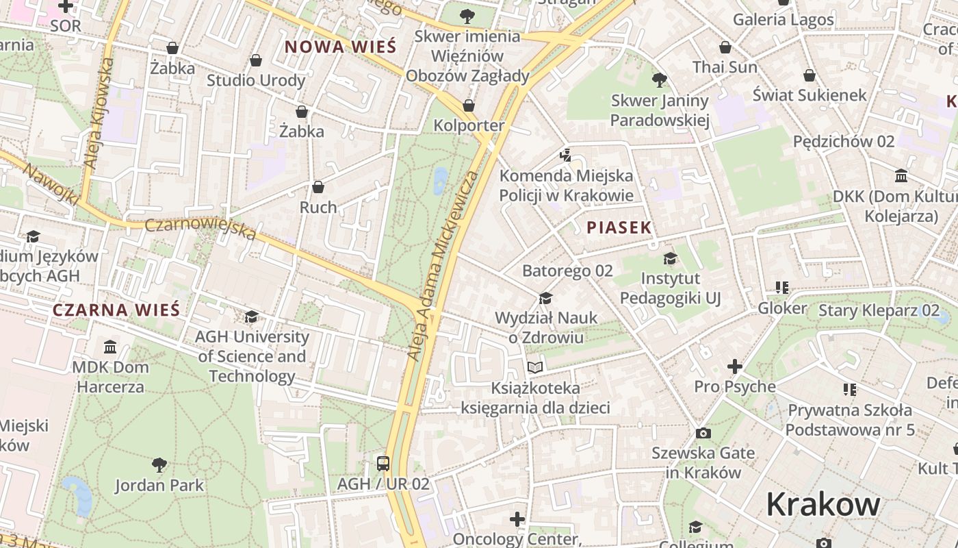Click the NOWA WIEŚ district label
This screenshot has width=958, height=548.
tap(340, 47)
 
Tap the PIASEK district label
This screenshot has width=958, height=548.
tap(619, 228)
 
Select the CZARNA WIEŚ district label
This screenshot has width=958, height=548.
tap(116, 310)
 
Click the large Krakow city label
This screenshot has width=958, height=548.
tap(823, 505)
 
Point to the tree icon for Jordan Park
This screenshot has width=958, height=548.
tap(159, 465)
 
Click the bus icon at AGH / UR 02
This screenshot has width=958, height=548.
tap(383, 464)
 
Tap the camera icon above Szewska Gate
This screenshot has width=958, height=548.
tap(703, 433)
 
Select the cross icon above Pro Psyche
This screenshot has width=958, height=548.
tap(735, 366)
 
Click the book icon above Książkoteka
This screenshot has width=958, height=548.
tap(535, 368)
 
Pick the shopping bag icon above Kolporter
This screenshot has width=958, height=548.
tap(469, 105)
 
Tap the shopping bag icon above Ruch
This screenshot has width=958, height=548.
tap(318, 187)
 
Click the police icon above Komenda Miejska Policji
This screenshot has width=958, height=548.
tap(566, 155)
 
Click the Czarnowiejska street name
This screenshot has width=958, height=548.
tap(200, 229)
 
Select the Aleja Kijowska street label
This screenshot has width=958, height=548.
tap(99, 113)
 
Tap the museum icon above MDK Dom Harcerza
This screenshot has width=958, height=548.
tap(110, 347)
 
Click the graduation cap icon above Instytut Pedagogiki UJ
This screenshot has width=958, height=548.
tap(670, 258)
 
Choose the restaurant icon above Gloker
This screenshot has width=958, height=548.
tap(781, 288)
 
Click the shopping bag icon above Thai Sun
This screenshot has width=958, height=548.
tap(725, 47)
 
